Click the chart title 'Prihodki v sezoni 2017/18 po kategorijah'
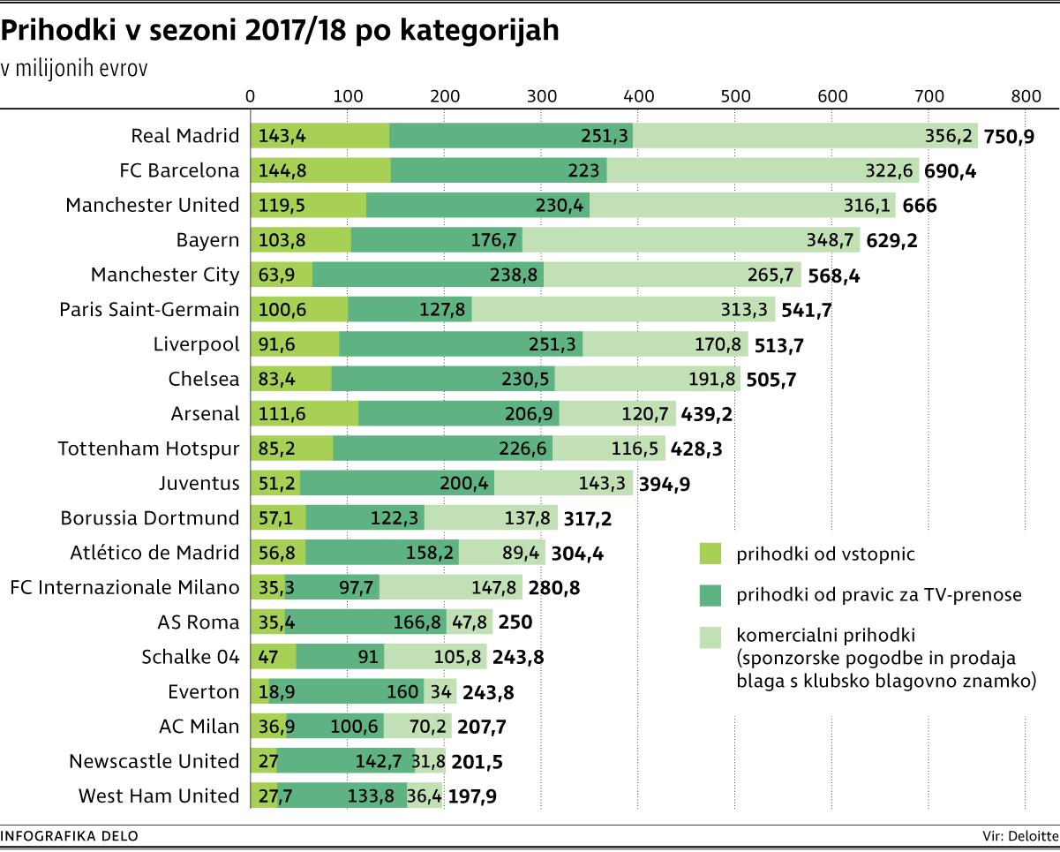tap(281, 31)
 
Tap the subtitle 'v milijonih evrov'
tap(74, 69)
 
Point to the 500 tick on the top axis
tap(735, 96)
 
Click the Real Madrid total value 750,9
tap(1011, 136)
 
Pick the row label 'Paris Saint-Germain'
tap(149, 310)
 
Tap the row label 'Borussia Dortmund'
tap(150, 518)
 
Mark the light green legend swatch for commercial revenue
tap(710, 636)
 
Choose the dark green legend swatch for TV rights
tap(710, 595)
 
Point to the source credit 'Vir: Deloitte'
tap(1020, 835)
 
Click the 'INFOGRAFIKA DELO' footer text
tap(70, 835)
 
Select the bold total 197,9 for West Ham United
tap(473, 796)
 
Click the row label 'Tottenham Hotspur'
tap(148, 449)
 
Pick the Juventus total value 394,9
tap(688, 484)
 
